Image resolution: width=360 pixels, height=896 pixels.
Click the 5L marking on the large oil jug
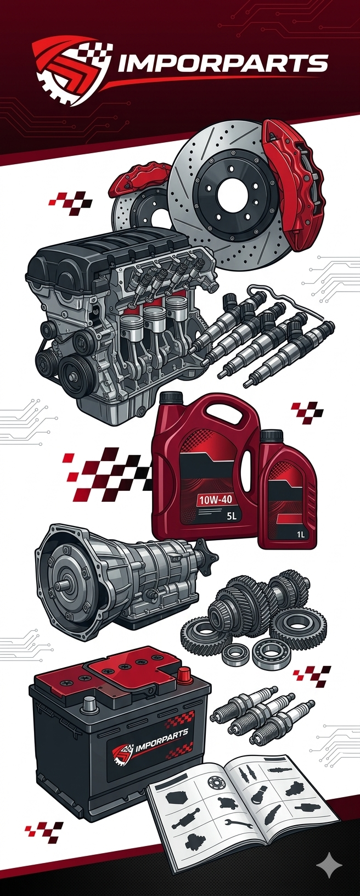tap(230, 516)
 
